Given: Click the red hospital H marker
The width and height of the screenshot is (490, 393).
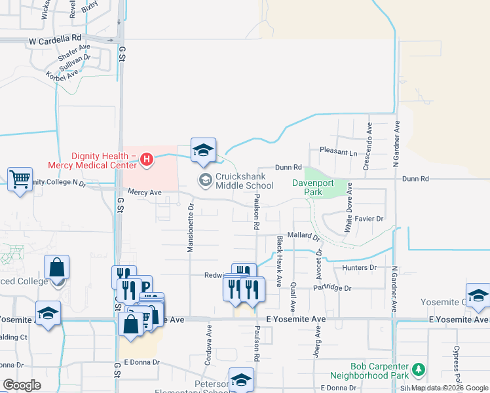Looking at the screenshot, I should [x=147, y=159].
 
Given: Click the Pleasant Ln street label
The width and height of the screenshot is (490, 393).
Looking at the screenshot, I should [x=337, y=152].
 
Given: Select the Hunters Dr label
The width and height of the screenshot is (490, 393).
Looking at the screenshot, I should [x=359, y=267].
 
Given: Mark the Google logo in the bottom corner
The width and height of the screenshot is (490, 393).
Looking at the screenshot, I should [x=22, y=385].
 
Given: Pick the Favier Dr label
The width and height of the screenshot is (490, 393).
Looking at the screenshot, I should [x=369, y=218].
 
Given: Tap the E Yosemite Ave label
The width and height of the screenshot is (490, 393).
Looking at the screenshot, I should [x=295, y=318].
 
